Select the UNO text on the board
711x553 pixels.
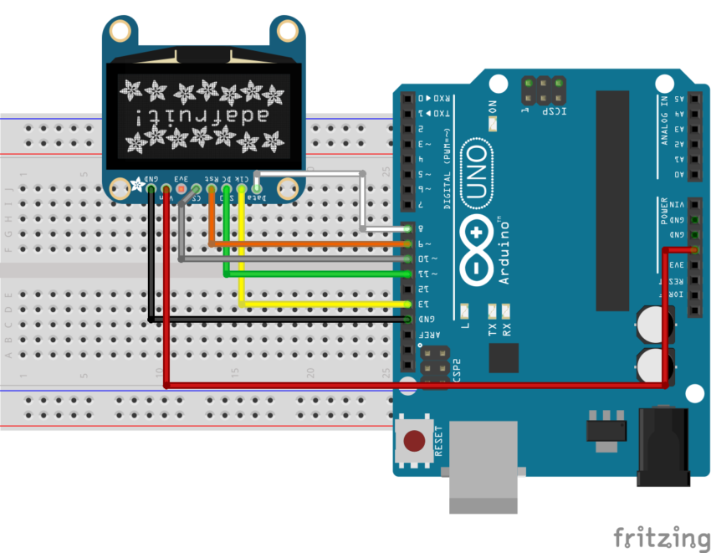[476, 172]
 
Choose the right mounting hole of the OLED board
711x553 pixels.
[289, 32]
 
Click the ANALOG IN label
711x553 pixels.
[664, 121]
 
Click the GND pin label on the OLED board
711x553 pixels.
[152, 179]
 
